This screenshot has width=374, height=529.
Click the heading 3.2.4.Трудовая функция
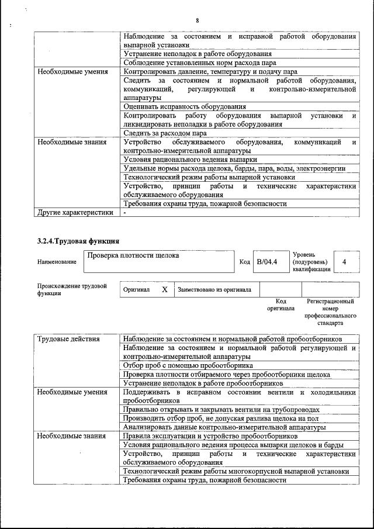[x=75, y=241]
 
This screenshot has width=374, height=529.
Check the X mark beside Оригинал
[x=165, y=289]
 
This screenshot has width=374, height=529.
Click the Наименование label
[x=56, y=262]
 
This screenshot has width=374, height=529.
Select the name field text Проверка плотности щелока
[x=133, y=255]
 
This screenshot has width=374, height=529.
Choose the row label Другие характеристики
[x=75, y=213]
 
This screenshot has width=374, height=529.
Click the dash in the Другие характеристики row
[x=124, y=213]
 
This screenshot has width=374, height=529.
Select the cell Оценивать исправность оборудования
[x=184, y=107]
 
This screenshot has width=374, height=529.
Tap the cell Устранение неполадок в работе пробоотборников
[x=203, y=383]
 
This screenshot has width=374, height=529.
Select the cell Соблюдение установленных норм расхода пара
[x=199, y=63]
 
